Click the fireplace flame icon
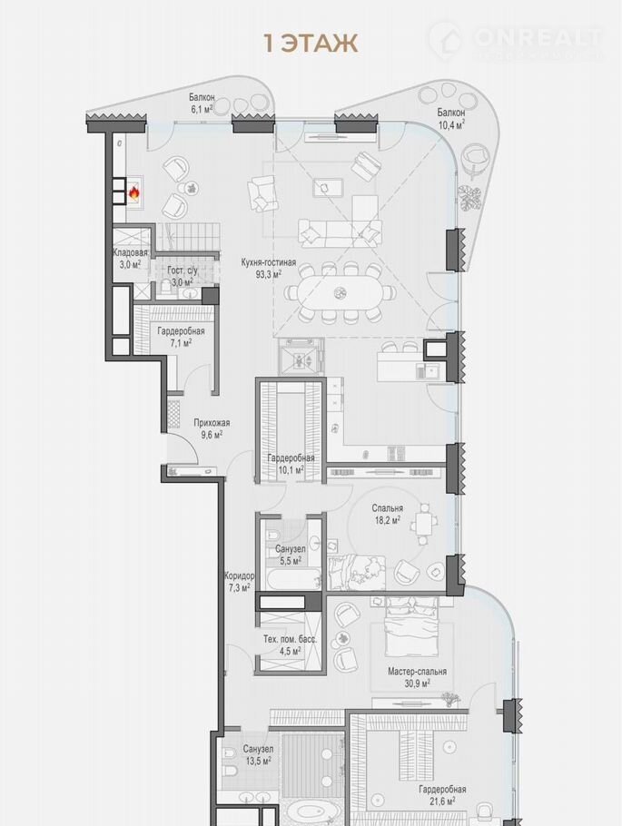coord(134,194)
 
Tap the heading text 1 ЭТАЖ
coord(311,44)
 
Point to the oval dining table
coord(340,292)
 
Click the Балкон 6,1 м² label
coord(202,103)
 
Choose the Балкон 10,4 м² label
coord(450,119)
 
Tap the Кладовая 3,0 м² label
coord(130,259)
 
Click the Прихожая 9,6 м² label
coord(212,428)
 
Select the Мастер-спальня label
coord(417,672)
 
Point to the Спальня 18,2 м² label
coord(387,514)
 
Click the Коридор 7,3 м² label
coord(239,582)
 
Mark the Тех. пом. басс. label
coord(290,640)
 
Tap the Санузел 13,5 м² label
coord(258,754)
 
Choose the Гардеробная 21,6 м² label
coord(442,795)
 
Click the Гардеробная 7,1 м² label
coord(181,337)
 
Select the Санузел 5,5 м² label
coord(290,555)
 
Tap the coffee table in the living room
coord(328,188)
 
